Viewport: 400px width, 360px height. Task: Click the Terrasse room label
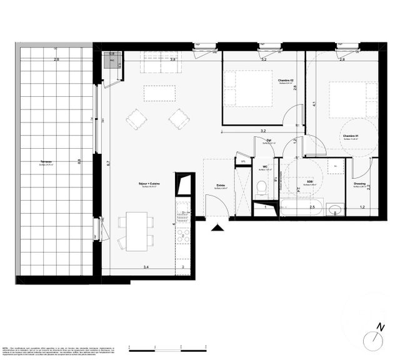pos(46,161)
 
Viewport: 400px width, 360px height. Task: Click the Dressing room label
pos(359,184)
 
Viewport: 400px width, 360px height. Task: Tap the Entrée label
pos(221,185)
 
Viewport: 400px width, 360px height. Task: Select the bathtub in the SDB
pos(301,209)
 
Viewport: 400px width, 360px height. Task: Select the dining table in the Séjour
pos(137,231)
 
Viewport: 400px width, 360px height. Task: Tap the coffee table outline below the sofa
pos(160,93)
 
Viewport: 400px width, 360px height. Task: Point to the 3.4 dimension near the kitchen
pos(146,267)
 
